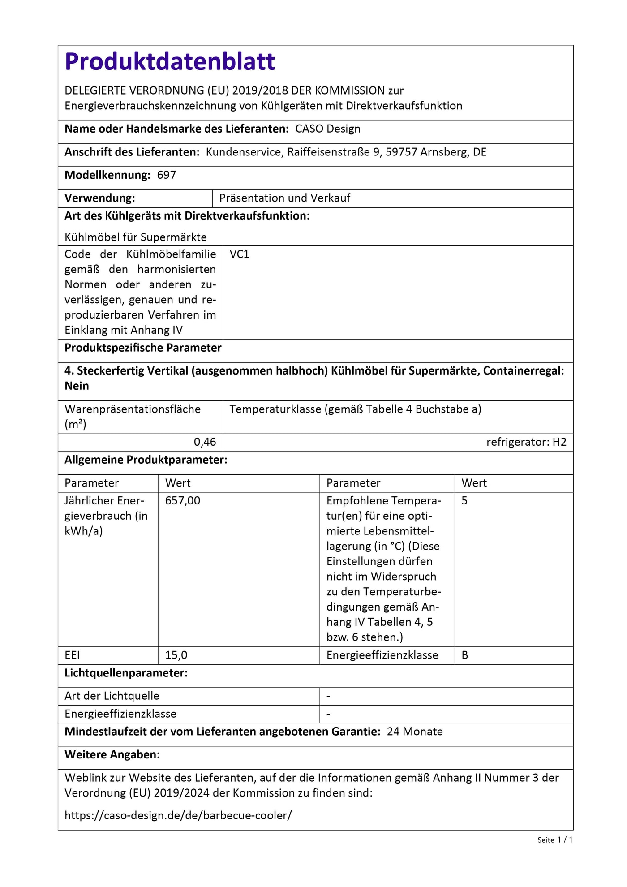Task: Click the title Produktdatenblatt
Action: tap(170, 62)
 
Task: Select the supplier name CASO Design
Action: tap(328, 129)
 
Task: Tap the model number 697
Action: tap(167, 175)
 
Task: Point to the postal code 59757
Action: tap(401, 152)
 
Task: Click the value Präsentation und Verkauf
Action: tap(285, 198)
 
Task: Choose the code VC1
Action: tap(240, 254)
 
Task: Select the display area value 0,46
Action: tap(205, 442)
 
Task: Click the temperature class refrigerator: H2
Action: tap(526, 442)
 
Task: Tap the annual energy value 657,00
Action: tap(183, 500)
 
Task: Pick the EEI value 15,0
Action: tap(176, 655)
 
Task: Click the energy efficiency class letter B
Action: tap(465, 655)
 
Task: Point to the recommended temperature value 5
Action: tap(464, 500)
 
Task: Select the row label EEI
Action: tap(72, 655)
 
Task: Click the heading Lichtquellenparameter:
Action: tap(126, 673)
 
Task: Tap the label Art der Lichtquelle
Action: tap(112, 696)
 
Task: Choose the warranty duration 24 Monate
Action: tap(415, 732)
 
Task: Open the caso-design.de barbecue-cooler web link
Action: tap(178, 815)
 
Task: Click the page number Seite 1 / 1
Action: tap(555, 840)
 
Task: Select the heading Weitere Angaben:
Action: tap(112, 754)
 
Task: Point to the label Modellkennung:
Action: tap(107, 175)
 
